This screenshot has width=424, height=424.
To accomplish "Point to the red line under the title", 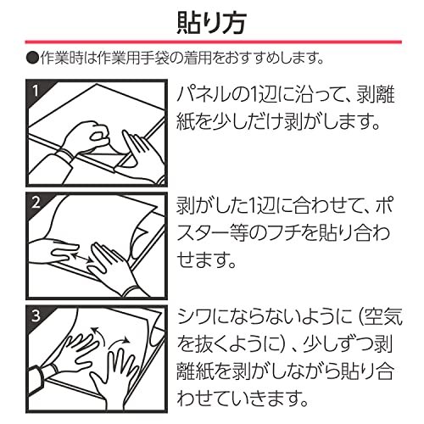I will [x=212, y=43].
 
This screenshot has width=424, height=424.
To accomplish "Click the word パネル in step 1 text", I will [x=204, y=92].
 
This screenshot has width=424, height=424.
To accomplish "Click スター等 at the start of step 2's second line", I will [x=212, y=234].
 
